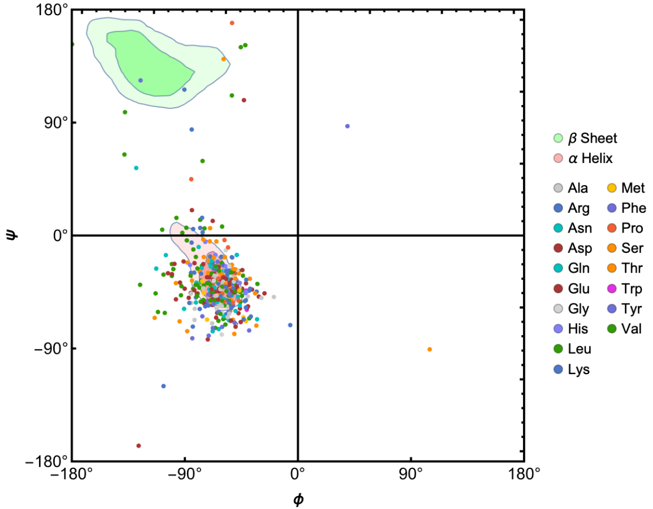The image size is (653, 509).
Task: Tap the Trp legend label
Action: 632,289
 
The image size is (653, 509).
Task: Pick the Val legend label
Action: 632,330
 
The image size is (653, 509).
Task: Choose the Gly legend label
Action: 578,309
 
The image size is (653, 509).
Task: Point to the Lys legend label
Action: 578,370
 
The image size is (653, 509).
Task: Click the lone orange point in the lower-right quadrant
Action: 430,349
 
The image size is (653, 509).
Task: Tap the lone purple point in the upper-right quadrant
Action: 347,126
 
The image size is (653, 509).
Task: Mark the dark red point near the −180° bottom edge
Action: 138,446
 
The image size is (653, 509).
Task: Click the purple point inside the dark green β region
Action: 141,81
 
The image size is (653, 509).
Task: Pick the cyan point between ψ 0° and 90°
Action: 136,168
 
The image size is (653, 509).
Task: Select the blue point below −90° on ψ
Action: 164,386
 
